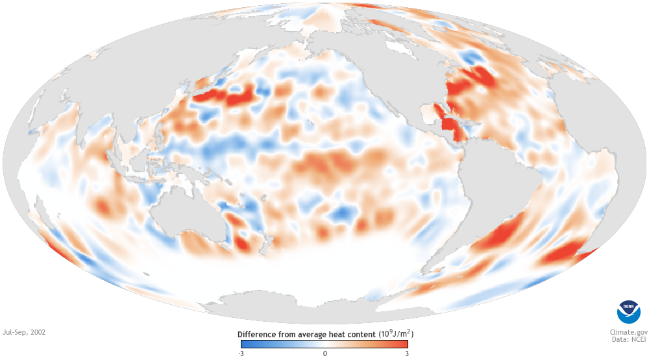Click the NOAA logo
(628, 312)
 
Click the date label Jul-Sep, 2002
(24, 332)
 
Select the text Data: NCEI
(626, 339)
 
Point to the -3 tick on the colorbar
(241, 354)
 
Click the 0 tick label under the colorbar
(324, 354)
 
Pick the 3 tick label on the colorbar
(407, 354)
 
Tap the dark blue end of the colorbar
(245, 344)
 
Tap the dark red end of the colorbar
(404, 344)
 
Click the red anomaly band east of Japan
(224, 98)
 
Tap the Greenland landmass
(415, 26)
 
